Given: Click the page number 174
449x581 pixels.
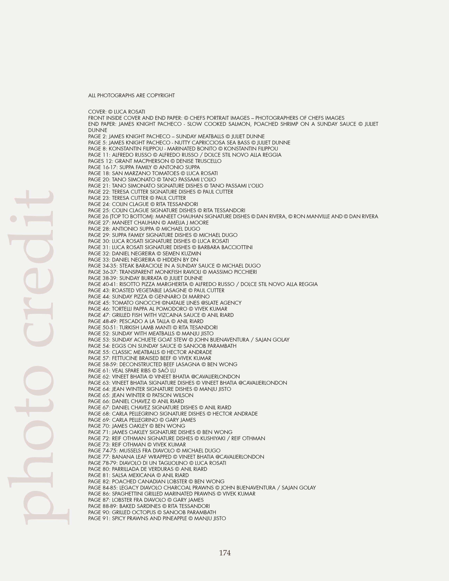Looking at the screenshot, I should (x=225, y=553).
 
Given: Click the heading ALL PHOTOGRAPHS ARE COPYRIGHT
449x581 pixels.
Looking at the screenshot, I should (x=131, y=96).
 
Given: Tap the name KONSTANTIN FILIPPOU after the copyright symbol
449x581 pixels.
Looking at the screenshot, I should (x=251, y=149).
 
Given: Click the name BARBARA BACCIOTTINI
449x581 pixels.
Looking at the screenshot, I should (x=225, y=247).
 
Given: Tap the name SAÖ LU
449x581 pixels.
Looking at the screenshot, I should (x=167, y=371).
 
